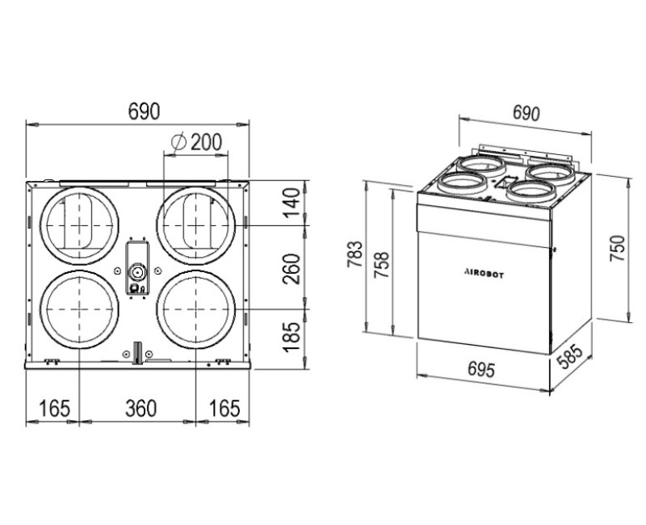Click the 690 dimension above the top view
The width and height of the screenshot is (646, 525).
click(144, 111)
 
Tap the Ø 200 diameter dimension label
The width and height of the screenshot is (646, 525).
click(196, 142)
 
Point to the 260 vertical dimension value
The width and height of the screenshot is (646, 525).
click(292, 269)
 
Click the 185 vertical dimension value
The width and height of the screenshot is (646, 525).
click(292, 337)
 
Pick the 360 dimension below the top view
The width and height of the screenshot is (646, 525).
click(141, 409)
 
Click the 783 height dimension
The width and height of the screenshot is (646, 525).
click(354, 254)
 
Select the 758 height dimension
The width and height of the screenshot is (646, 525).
click(381, 265)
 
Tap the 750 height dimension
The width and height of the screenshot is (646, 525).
click(617, 248)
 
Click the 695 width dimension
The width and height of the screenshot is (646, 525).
click(480, 369)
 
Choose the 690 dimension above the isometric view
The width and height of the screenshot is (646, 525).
click(526, 113)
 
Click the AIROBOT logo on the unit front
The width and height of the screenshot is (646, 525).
click(484, 273)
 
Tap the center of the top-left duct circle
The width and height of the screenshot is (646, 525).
click(79, 226)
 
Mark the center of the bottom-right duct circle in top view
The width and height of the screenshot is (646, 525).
click(195, 309)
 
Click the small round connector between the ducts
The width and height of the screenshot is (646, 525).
click(136, 271)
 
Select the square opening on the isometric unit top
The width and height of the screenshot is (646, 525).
click(506, 181)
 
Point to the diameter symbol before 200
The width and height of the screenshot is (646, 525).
click(178, 142)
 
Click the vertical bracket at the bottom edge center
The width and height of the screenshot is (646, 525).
click(137, 353)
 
